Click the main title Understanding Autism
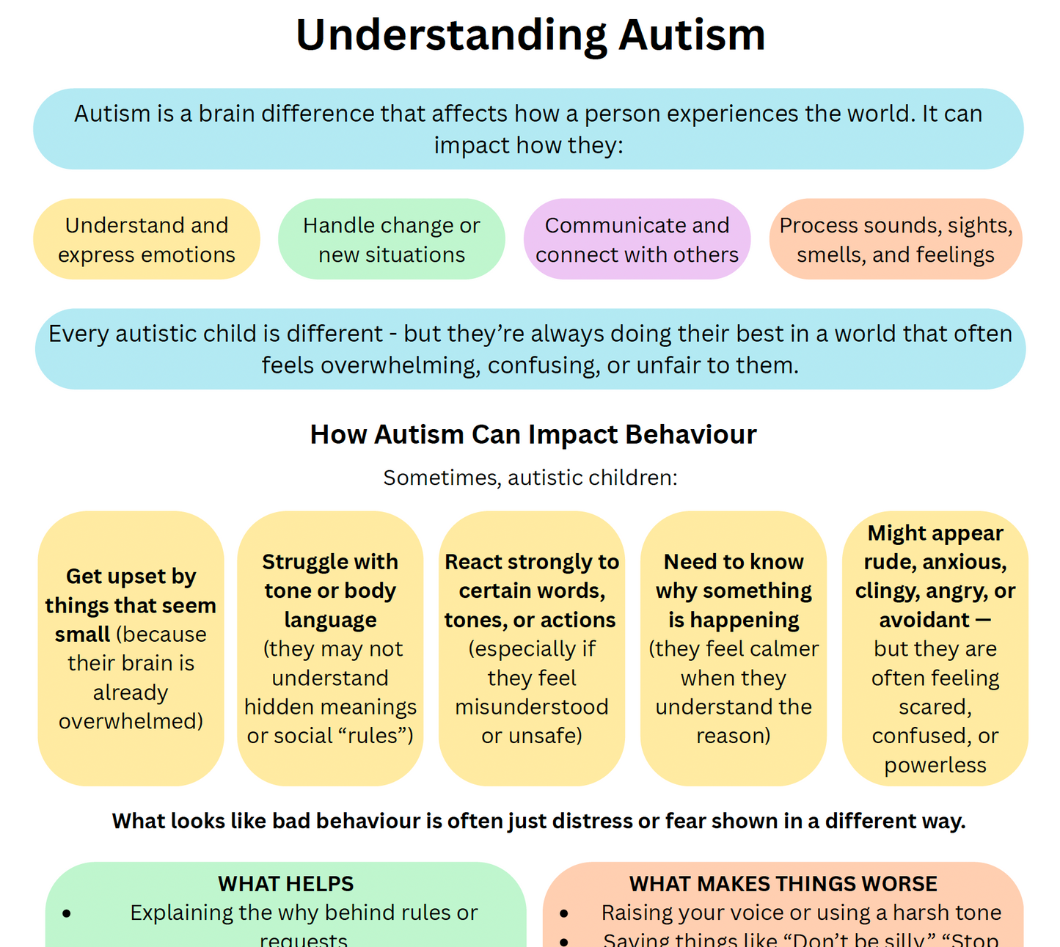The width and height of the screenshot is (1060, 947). pyautogui.click(x=530, y=35)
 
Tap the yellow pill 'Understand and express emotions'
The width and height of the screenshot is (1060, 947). pyautogui.click(x=147, y=239)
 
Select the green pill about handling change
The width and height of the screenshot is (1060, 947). pyautogui.click(x=391, y=239)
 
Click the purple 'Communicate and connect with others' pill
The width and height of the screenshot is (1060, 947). pyautogui.click(x=637, y=239)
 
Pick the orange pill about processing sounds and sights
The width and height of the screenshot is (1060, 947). pyautogui.click(x=895, y=239)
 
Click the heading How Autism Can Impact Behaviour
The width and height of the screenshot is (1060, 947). pyautogui.click(x=533, y=434)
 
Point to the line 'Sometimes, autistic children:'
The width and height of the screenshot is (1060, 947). pyautogui.click(x=530, y=478)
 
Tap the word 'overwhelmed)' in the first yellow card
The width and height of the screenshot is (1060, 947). pyautogui.click(x=131, y=721)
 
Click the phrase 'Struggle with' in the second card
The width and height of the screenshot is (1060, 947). pyautogui.click(x=330, y=562)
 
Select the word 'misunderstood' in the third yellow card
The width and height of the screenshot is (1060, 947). pyautogui.click(x=531, y=707)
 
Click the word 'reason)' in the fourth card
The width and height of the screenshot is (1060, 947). pyautogui.click(x=733, y=736)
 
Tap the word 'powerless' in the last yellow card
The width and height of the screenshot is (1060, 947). pyautogui.click(x=935, y=765)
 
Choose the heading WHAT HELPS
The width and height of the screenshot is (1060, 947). pyautogui.click(x=285, y=884)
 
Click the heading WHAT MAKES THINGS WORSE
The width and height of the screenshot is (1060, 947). pyautogui.click(x=783, y=884)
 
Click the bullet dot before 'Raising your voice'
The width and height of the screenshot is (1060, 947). pyautogui.click(x=563, y=913)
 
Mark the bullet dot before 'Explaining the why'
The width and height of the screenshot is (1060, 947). pyautogui.click(x=67, y=913)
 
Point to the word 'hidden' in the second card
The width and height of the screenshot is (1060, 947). pyautogui.click(x=276, y=707)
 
